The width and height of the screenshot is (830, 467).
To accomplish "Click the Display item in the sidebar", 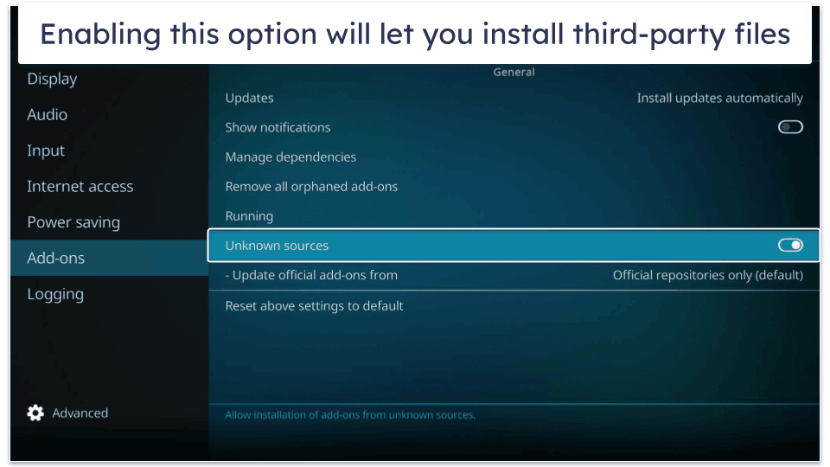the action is pyautogui.click(x=52, y=80).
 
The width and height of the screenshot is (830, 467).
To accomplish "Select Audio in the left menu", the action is pyautogui.click(x=47, y=114).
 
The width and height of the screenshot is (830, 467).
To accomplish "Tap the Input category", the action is pyautogui.click(x=46, y=150).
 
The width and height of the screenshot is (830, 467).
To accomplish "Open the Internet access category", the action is pyautogui.click(x=80, y=187).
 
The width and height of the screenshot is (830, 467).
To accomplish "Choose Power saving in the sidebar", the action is pyautogui.click(x=73, y=222).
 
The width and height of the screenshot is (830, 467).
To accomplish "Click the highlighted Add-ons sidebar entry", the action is pyautogui.click(x=55, y=258).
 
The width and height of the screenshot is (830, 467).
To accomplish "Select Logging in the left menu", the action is pyautogui.click(x=55, y=294).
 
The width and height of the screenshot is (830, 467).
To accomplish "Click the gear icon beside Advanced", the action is pyautogui.click(x=35, y=413).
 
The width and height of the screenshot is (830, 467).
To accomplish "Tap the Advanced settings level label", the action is pyautogui.click(x=80, y=413).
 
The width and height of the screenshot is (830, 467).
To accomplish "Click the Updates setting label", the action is pyautogui.click(x=249, y=98).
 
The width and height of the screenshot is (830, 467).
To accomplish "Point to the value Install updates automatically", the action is pyautogui.click(x=719, y=98).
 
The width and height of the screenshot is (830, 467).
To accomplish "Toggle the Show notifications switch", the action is pyautogui.click(x=790, y=127).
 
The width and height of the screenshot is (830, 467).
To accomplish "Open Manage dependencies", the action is pyautogui.click(x=290, y=157).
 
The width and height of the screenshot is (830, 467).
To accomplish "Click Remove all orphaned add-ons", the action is pyautogui.click(x=311, y=187).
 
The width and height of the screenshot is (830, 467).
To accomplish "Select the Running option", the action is pyautogui.click(x=249, y=216).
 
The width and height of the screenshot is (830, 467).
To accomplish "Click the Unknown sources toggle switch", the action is pyautogui.click(x=790, y=245).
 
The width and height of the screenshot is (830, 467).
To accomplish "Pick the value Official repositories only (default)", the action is pyautogui.click(x=708, y=275).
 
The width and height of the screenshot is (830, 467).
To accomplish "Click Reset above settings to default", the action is pyautogui.click(x=314, y=306).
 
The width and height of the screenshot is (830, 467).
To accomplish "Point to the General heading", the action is pyautogui.click(x=514, y=73).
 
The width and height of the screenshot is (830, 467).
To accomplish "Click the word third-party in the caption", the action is pyautogui.click(x=649, y=35).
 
